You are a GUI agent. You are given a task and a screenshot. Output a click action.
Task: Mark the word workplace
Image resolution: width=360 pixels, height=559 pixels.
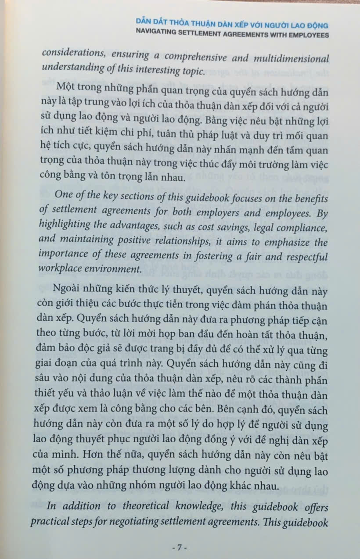(62, 269)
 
